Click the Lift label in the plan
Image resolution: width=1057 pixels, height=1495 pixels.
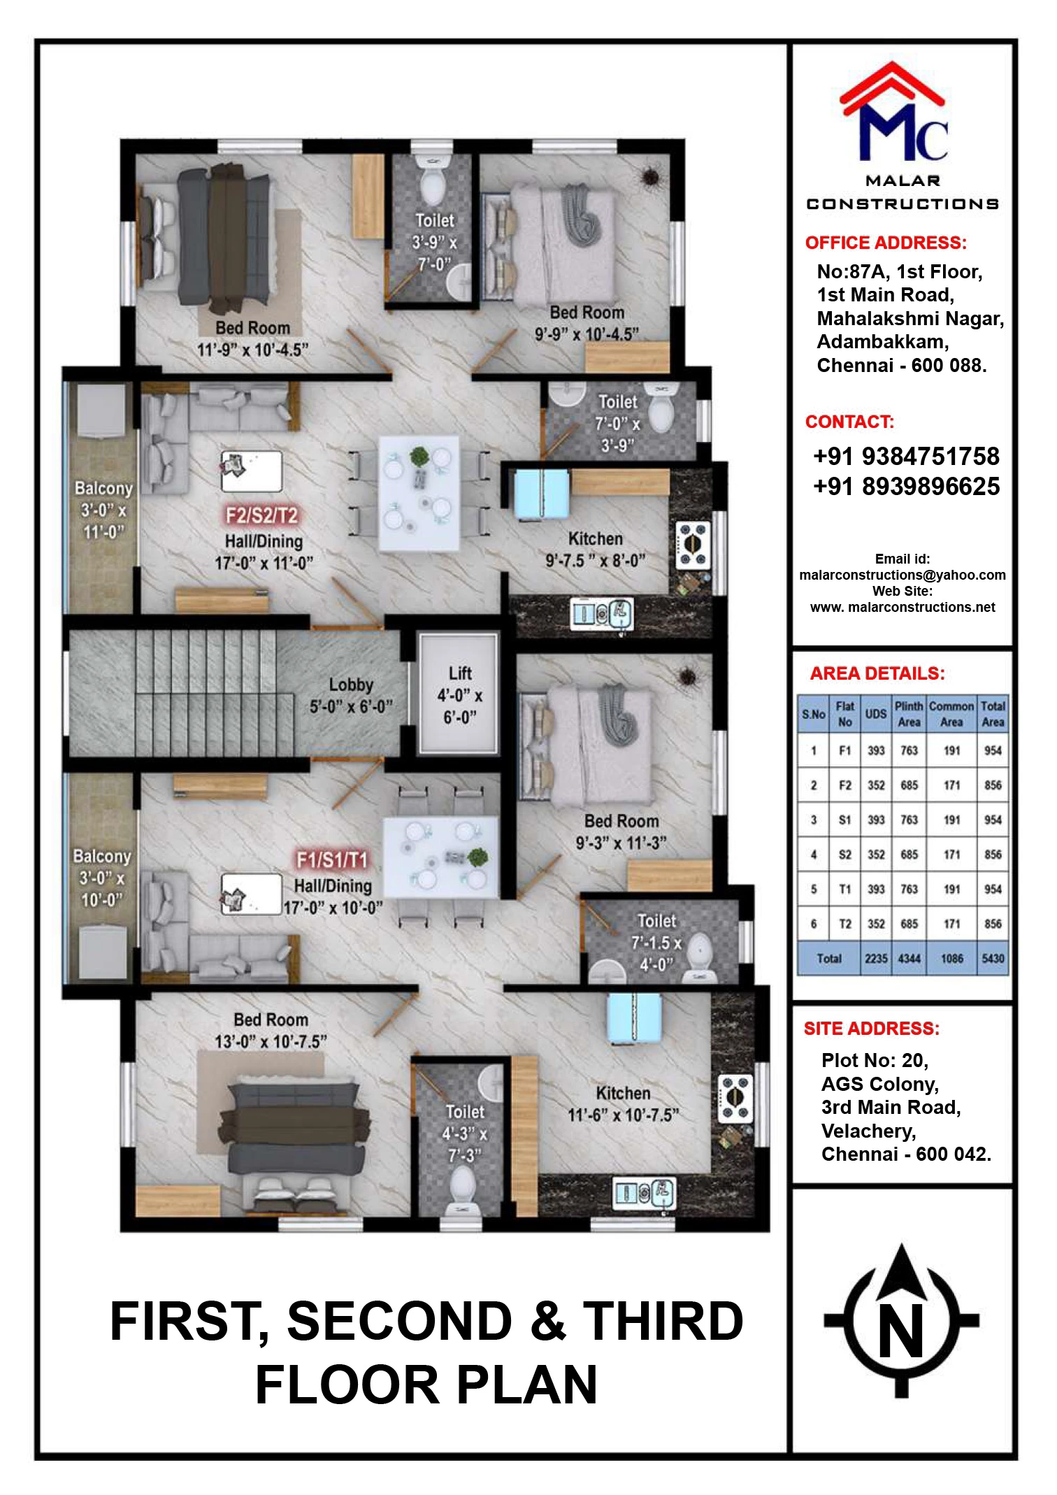[x=460, y=694]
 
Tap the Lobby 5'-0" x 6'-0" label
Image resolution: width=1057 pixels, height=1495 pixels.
[x=351, y=695]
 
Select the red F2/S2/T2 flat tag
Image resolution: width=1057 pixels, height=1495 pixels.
[x=261, y=515]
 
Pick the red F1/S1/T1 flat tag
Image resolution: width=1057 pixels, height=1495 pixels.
[x=332, y=859]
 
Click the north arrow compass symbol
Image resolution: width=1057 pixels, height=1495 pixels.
[x=901, y=1320]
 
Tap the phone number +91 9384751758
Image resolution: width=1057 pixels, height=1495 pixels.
[x=906, y=456]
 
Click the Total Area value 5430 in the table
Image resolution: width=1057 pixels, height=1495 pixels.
[x=993, y=958]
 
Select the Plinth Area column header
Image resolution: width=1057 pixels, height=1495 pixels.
[x=909, y=713]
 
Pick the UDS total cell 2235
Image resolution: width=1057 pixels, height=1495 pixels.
[x=876, y=958]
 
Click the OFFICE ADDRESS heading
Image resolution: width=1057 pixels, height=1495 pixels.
[x=886, y=243]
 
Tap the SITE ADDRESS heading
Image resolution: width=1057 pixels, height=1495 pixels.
[x=872, y=1028]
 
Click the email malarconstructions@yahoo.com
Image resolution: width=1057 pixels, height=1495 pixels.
[x=903, y=575]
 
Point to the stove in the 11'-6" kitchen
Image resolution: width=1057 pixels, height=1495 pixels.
[x=735, y=1099]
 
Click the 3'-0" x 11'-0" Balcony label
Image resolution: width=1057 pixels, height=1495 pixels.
[x=103, y=510]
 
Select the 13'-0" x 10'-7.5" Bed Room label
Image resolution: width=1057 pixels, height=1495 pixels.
[x=271, y=1030]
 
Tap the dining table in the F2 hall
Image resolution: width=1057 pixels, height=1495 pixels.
[x=419, y=494]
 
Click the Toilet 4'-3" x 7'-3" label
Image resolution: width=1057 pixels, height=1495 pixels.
[x=465, y=1133]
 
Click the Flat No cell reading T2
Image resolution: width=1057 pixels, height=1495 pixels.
[x=844, y=924]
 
